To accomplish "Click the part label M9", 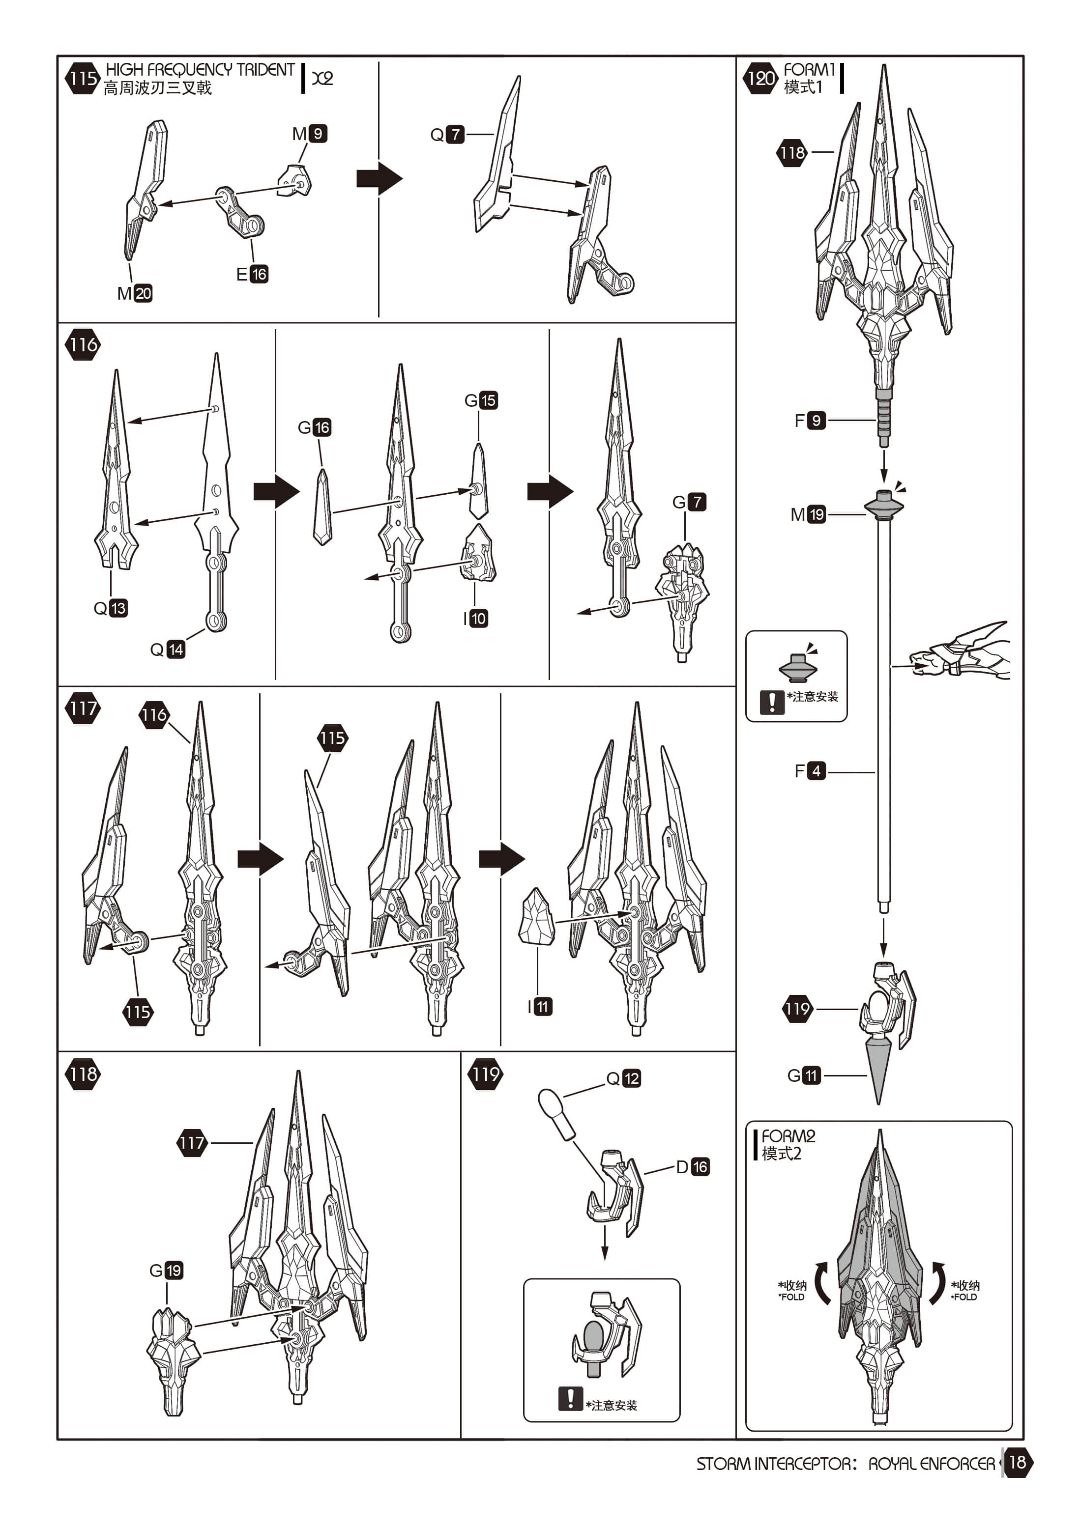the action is [x=309, y=134].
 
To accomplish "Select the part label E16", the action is [x=252, y=274].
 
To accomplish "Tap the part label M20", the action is [x=134, y=293].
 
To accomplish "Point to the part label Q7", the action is [x=446, y=134].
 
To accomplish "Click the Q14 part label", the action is [x=168, y=650].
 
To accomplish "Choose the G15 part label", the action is [x=481, y=400].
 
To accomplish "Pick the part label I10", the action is [x=475, y=619].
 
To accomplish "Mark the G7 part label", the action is [x=689, y=502].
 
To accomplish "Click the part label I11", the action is [x=540, y=1007].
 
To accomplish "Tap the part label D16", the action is [x=692, y=1167].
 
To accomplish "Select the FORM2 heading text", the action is [x=788, y=1136].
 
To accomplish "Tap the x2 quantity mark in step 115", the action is [x=322, y=78].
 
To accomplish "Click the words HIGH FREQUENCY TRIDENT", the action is [x=200, y=69].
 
